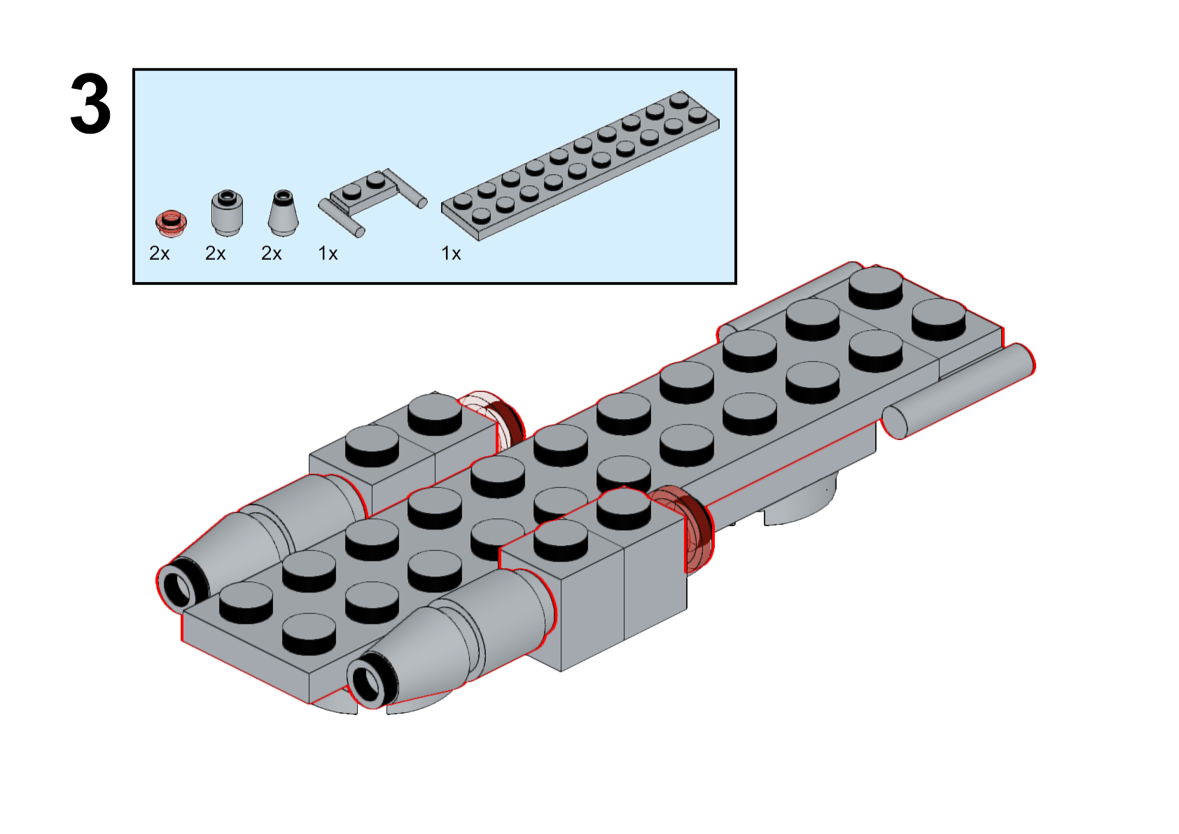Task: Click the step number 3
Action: [90, 105]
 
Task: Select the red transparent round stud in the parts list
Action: [171, 222]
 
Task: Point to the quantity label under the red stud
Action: [160, 253]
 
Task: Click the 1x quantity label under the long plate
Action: [451, 253]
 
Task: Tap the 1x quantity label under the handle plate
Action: [328, 253]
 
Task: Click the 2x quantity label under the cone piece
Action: [272, 253]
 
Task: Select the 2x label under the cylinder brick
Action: [216, 253]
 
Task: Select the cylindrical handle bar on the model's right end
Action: [959, 392]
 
